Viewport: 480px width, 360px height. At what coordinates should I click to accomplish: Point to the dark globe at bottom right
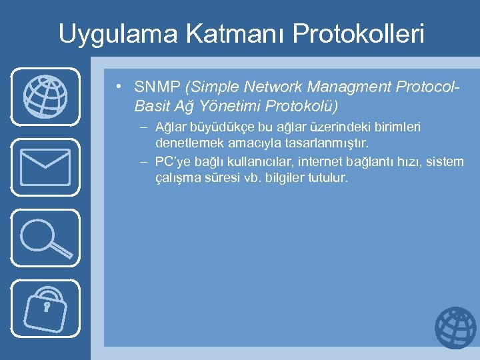point(455,328)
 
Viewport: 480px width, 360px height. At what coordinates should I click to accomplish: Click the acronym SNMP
point(158,87)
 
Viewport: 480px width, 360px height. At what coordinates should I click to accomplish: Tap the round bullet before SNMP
point(117,87)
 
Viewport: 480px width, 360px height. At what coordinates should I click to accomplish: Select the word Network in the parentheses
point(269,87)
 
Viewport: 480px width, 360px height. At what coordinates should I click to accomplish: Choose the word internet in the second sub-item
point(316,161)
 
